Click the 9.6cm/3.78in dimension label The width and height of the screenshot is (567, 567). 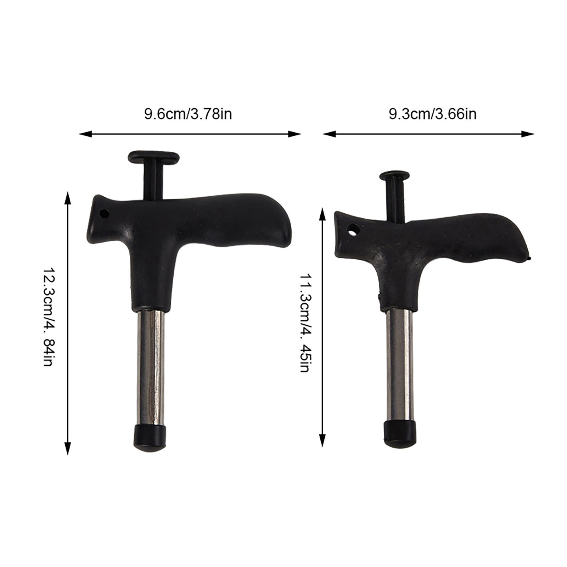[188, 114]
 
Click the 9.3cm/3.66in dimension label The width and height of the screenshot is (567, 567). [432, 114]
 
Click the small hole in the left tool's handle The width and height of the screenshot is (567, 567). [104, 214]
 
